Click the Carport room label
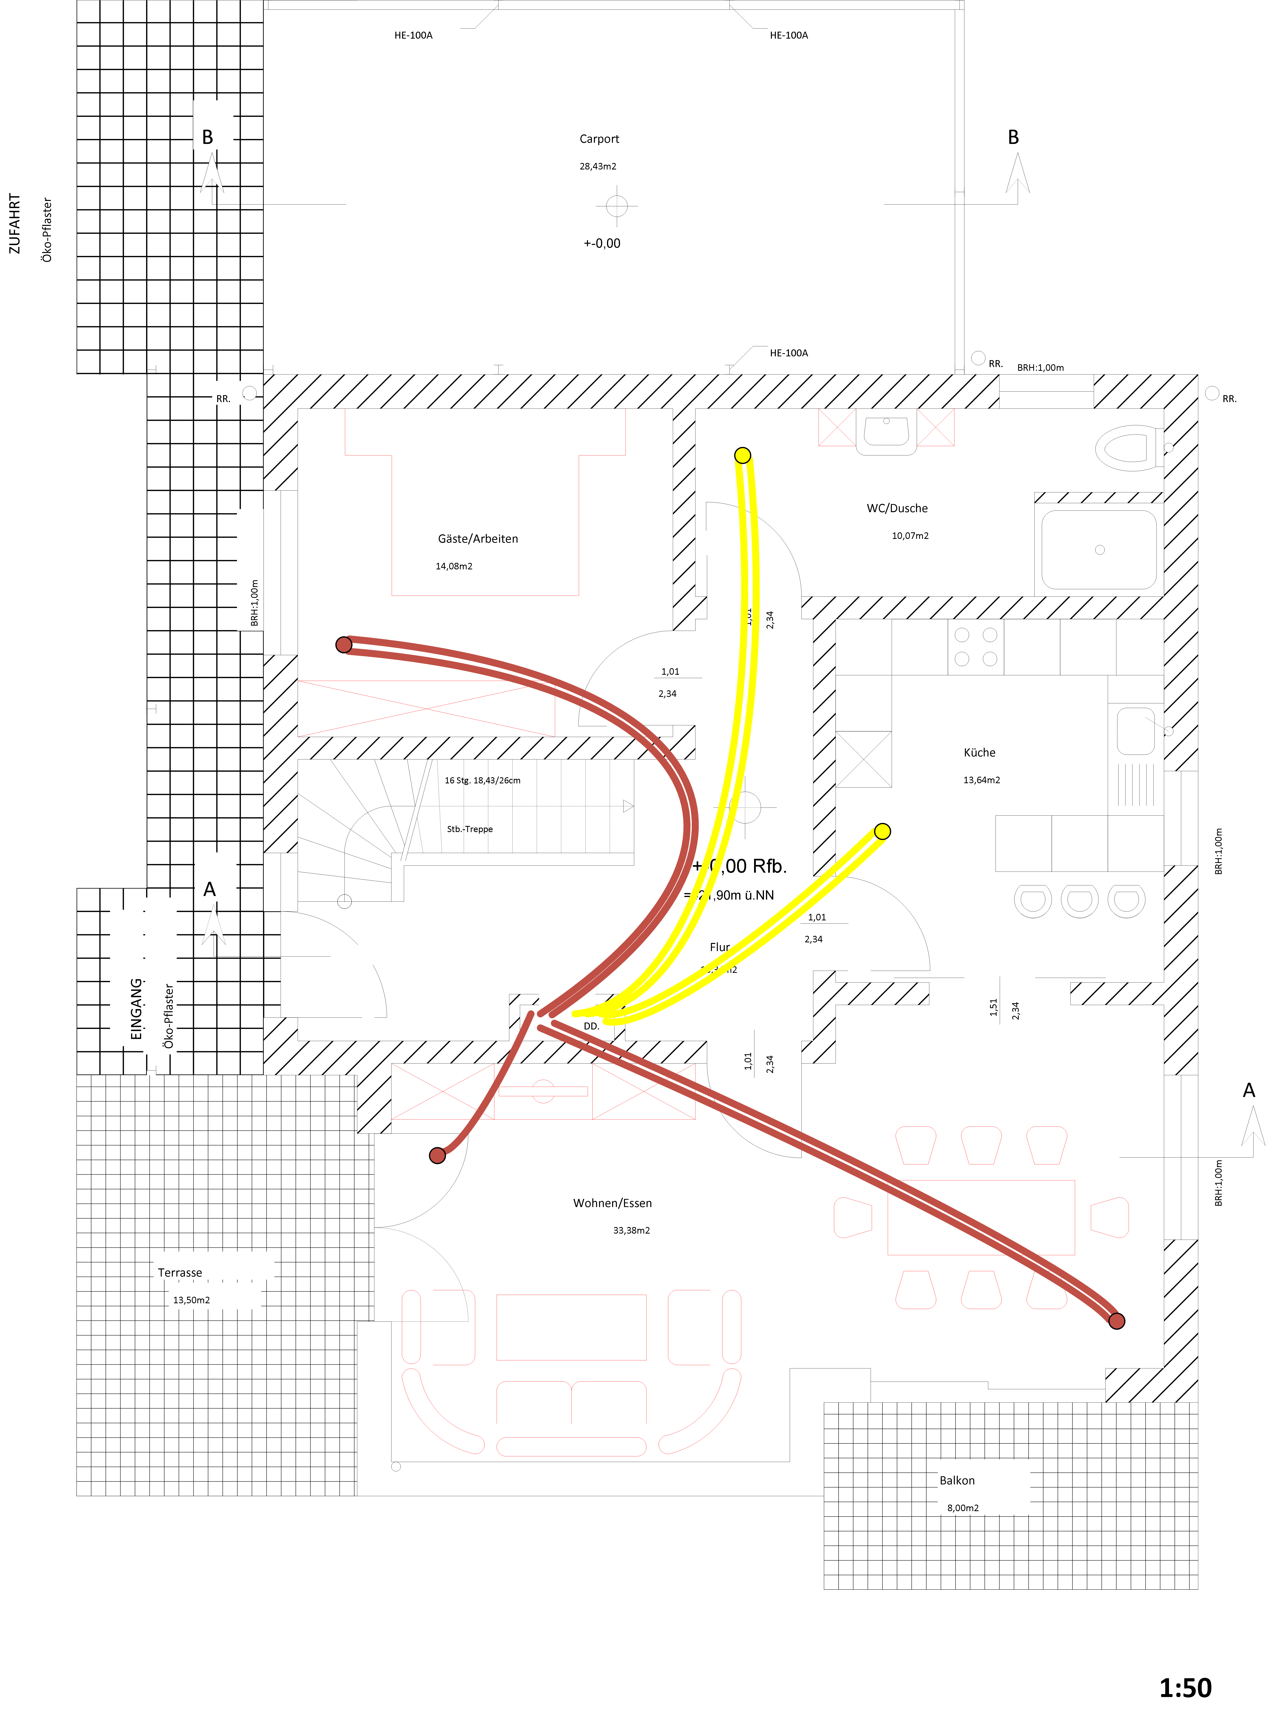point(599,139)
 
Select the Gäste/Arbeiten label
point(478,539)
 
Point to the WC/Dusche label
point(897,508)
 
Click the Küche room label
point(979,753)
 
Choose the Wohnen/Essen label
point(612,1203)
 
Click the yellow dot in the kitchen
point(882,831)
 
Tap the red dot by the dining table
point(1117,1320)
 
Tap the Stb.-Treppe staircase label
point(469,829)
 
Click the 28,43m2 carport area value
point(597,166)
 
